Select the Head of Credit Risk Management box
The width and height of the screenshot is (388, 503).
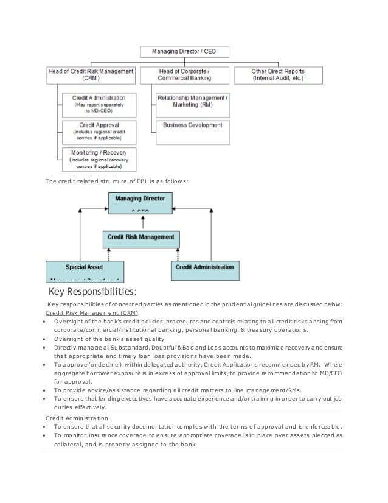point(91,75)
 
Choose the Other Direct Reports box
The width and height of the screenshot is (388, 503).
point(278,75)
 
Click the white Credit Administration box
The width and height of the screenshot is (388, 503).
point(99,104)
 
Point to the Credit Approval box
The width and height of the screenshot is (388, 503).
point(99,132)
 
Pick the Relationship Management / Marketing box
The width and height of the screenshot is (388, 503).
point(193,101)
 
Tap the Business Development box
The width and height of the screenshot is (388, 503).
point(193,125)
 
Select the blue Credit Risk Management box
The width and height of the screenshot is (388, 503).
point(140,238)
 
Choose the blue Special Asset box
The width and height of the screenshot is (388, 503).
point(85,270)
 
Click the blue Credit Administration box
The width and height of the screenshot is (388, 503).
point(204,268)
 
